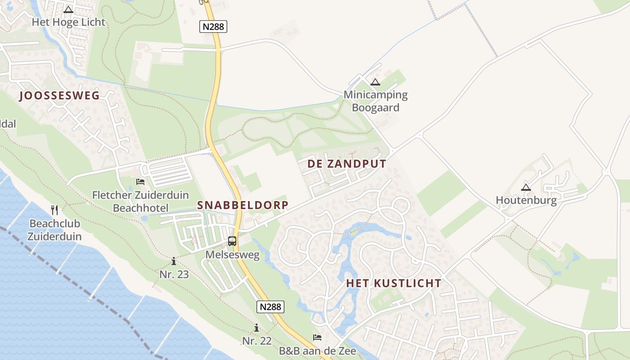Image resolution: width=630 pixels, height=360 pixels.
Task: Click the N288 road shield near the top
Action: (213, 27)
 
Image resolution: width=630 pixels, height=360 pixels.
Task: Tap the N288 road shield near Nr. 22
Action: (271, 307)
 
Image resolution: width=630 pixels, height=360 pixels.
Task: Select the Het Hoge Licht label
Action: (68, 22)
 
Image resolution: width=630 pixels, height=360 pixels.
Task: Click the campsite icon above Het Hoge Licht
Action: (68, 9)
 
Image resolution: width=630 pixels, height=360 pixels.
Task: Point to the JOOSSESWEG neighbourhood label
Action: (59, 95)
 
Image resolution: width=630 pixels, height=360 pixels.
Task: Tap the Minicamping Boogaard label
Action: (375, 101)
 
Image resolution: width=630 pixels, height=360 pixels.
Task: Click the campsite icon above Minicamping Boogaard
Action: (375, 82)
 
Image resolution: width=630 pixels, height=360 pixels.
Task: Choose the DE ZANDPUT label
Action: (346, 164)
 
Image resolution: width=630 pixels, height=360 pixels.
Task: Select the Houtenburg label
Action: (526, 200)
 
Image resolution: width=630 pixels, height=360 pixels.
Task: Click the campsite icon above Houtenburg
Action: (526, 187)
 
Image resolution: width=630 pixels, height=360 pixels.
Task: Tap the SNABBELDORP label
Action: (243, 205)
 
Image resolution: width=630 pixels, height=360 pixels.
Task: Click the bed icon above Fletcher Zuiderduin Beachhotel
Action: (140, 182)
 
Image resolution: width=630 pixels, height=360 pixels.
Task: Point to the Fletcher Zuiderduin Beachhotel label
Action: (140, 201)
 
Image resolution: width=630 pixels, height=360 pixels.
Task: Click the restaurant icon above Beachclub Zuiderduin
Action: (54, 210)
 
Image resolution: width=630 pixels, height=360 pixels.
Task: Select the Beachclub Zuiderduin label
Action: (54, 230)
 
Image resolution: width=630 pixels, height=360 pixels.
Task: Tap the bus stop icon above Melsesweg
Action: (232, 241)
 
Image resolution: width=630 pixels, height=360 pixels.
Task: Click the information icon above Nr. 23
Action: (174, 261)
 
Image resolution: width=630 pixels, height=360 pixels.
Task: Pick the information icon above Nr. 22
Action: (256, 328)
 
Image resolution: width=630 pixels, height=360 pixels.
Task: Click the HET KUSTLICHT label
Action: (393, 283)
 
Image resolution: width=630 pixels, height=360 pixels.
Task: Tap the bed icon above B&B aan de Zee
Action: (317, 337)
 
